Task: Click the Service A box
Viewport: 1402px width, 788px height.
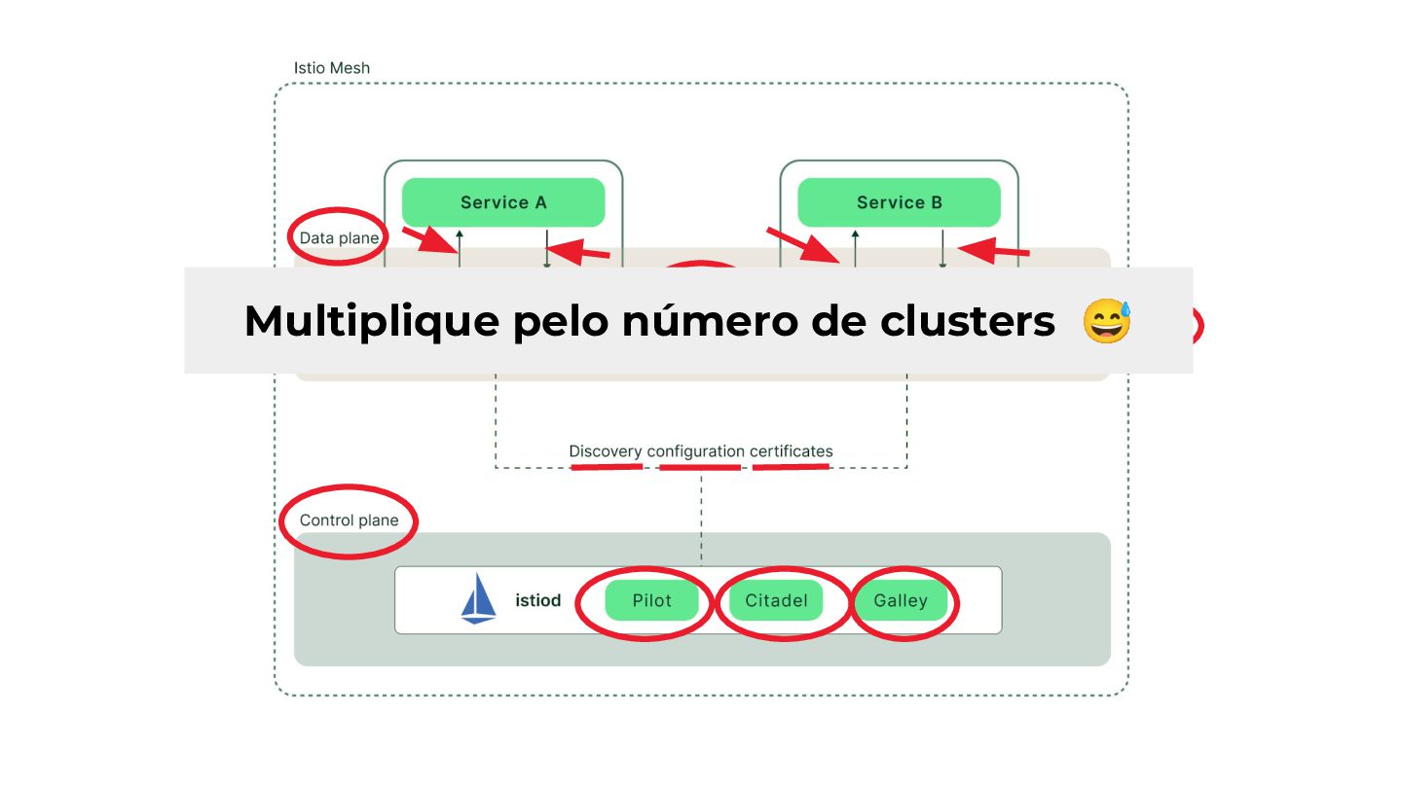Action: click(503, 202)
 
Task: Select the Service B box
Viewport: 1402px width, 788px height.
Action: click(899, 202)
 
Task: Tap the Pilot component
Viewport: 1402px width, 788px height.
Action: click(651, 601)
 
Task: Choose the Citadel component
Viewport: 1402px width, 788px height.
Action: click(776, 601)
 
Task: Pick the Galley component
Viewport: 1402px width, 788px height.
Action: click(900, 601)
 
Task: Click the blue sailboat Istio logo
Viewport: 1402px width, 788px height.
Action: click(478, 598)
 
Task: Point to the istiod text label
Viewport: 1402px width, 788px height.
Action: click(537, 601)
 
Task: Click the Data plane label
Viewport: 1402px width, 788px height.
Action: click(339, 238)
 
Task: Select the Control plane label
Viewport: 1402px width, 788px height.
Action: click(349, 520)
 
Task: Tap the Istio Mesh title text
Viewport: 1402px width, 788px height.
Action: click(332, 68)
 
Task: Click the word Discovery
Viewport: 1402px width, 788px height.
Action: click(606, 451)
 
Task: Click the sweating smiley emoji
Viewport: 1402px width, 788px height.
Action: click(1107, 321)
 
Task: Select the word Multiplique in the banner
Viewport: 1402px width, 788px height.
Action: click(371, 321)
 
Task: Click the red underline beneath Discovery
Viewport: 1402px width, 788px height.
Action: click(606, 467)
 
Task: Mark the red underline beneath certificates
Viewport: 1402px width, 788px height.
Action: click(791, 467)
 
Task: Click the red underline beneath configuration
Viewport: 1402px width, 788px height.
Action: click(699, 468)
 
